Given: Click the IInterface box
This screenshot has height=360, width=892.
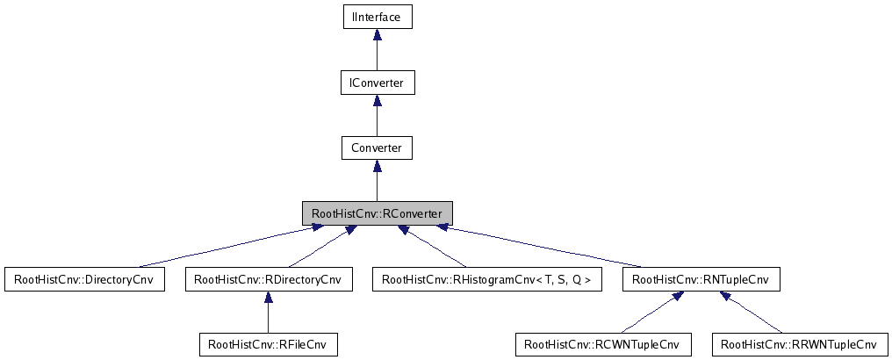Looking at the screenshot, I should (x=377, y=17).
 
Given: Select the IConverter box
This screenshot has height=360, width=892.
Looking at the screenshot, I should (x=377, y=83).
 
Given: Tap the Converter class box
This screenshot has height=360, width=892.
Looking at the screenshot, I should (x=377, y=148).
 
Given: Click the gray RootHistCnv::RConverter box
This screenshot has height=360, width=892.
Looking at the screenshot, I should (x=377, y=213).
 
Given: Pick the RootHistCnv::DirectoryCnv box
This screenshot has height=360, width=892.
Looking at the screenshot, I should (x=84, y=280).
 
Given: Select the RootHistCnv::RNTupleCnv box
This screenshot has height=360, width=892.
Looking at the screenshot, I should (x=700, y=280).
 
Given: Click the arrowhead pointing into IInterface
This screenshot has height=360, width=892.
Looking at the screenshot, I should (x=377, y=34).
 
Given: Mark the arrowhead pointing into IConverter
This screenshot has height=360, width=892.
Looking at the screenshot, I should (x=377, y=100).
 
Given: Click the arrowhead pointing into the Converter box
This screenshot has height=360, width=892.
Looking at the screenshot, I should (x=377, y=165).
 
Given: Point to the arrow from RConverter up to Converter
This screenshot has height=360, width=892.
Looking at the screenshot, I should (x=377, y=184).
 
